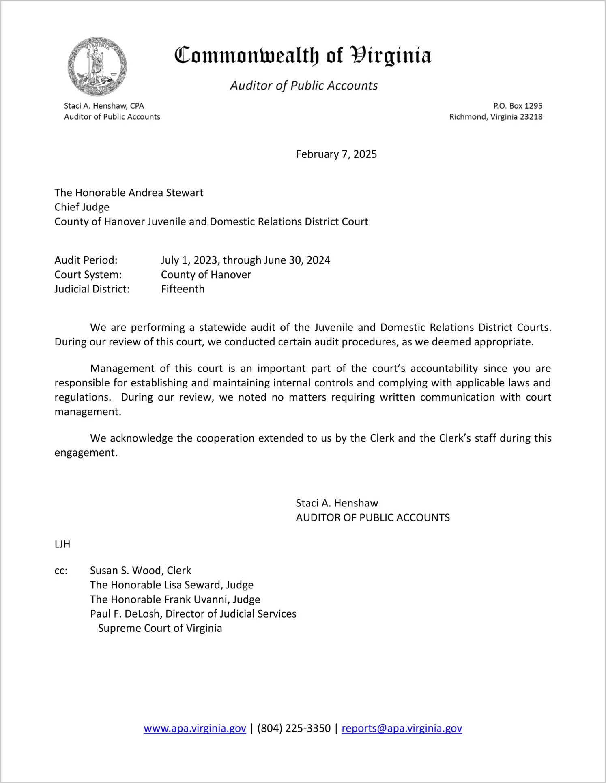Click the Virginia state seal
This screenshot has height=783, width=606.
point(97,67)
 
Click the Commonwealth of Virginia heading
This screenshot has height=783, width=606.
point(303,56)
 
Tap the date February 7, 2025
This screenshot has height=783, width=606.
point(336,154)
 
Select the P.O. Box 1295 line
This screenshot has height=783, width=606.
point(518,106)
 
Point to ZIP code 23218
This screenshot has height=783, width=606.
point(531,117)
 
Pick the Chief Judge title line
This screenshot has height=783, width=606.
point(82,207)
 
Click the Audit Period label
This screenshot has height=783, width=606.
point(86,260)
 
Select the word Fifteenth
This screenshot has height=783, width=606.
point(183,289)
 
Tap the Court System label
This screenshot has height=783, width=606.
point(88,275)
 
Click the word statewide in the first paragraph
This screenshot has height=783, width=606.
point(222,328)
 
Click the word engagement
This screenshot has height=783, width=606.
point(86,453)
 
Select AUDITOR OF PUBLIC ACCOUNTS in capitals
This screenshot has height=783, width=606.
point(372,518)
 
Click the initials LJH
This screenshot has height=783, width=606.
point(62,544)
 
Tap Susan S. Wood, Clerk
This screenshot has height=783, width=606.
point(140,571)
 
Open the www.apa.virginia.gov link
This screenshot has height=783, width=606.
point(195,728)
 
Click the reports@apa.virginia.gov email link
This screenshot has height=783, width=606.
point(402,728)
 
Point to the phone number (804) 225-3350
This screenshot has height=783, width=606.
point(294,728)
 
